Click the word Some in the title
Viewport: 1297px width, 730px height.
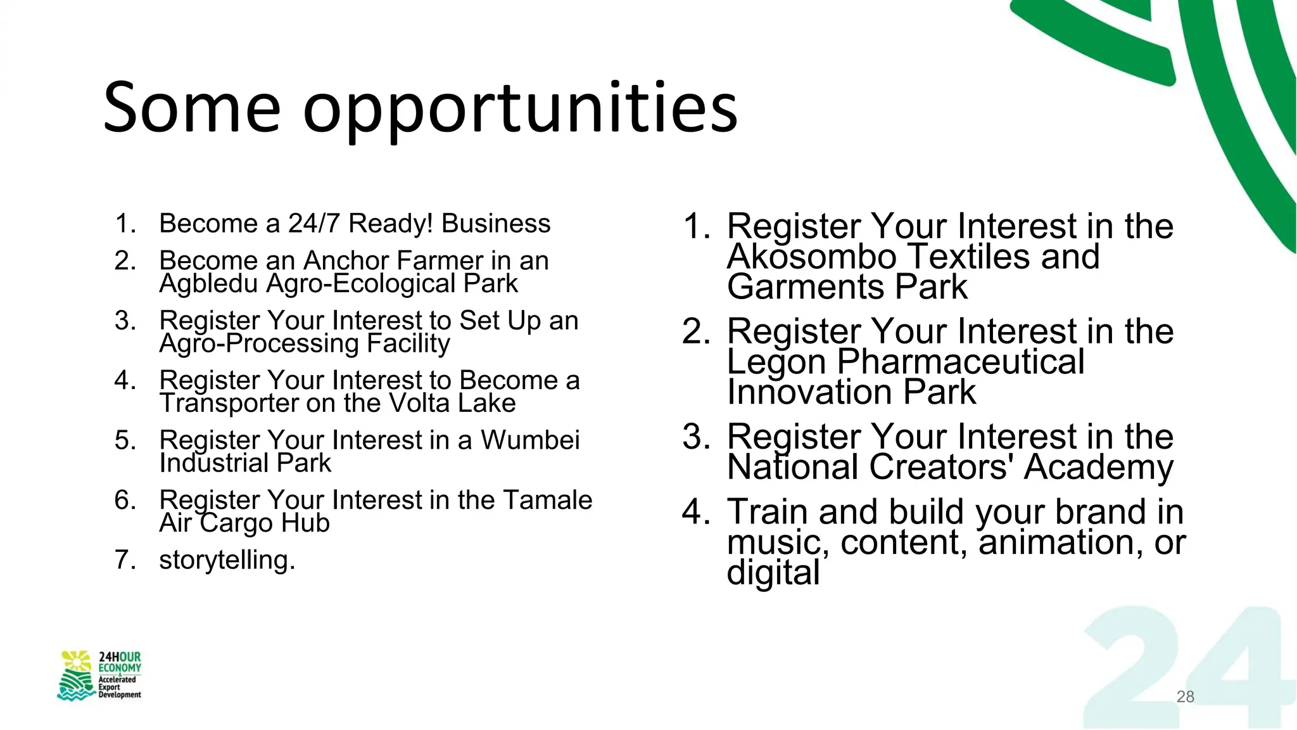tap(191, 108)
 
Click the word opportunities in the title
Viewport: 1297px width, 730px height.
tap(520, 109)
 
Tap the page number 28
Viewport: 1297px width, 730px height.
tap(1185, 696)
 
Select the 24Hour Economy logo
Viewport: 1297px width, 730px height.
tap(100, 676)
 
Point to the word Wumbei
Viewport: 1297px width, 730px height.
tap(530, 440)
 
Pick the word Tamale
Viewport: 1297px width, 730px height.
tap(547, 500)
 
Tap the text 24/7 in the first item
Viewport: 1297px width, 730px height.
tap(315, 224)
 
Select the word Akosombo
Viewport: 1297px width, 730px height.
tap(812, 257)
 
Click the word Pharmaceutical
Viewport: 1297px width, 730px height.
tap(961, 362)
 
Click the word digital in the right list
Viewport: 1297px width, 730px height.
tap(773, 573)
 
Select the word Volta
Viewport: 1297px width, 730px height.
tap(419, 404)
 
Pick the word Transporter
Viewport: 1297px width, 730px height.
tap(229, 404)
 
